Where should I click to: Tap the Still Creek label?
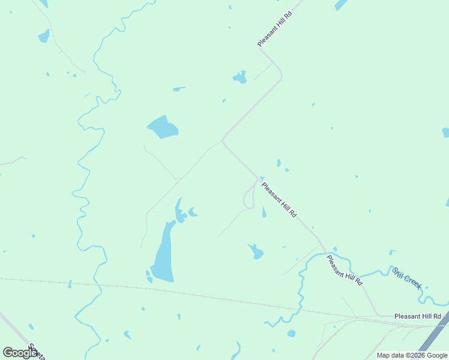[407, 278]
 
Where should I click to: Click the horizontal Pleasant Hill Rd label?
[418, 316]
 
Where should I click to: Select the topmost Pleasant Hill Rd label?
[274, 28]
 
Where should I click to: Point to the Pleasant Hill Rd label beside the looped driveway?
[279, 200]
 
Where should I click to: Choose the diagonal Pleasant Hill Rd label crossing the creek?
[345, 270]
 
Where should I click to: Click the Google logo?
[20, 353]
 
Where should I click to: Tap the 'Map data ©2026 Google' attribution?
[412, 355]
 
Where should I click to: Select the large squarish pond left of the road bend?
[163, 127]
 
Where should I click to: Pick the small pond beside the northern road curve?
[240, 77]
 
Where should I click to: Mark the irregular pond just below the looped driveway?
[256, 251]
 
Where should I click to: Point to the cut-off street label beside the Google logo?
[37, 352]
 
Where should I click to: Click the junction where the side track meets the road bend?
[223, 141]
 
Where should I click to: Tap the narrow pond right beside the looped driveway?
[264, 212]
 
